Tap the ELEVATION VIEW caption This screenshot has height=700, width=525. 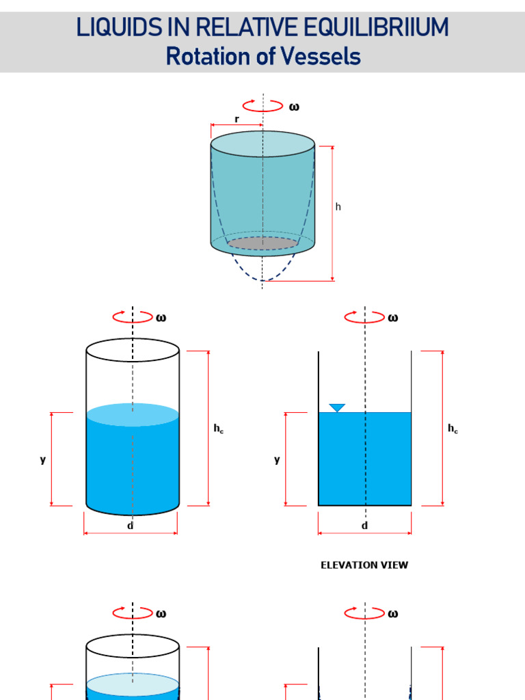click(x=364, y=565)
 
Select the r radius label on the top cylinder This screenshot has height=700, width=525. click(x=237, y=119)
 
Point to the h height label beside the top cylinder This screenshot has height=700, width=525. click(x=338, y=206)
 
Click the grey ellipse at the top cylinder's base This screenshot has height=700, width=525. click(x=263, y=243)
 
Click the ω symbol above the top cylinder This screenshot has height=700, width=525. click(x=294, y=107)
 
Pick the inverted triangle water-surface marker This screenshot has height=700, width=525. click(x=337, y=408)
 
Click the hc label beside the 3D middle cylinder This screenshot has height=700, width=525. click(x=218, y=429)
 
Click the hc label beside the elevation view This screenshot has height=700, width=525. click(x=453, y=429)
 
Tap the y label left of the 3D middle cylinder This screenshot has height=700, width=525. click(x=42, y=459)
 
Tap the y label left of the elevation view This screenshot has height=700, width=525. click(x=277, y=459)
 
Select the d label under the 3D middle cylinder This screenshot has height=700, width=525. click(x=130, y=525)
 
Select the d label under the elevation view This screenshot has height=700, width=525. click(x=364, y=525)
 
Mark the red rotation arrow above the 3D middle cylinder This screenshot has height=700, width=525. click(x=132, y=317)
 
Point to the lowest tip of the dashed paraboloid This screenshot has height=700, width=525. click(x=263, y=280)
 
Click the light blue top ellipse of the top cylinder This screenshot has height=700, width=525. click(x=263, y=144)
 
